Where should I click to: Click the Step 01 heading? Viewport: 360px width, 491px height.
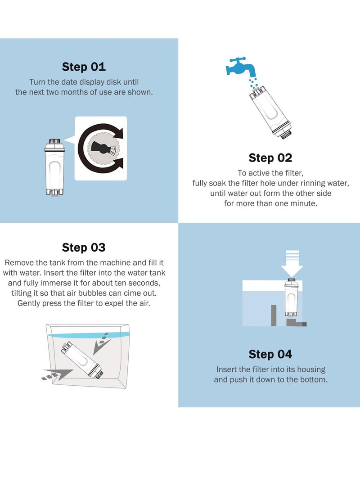[x=84, y=67]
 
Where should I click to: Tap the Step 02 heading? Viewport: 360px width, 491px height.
[x=270, y=158]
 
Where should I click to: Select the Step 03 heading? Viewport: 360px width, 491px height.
[x=84, y=248]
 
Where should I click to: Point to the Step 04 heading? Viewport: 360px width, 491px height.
[x=270, y=354]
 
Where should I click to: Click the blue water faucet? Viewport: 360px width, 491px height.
[x=240, y=67]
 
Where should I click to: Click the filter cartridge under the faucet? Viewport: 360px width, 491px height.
[x=271, y=113]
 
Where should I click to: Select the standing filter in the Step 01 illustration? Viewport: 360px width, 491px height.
[x=54, y=167]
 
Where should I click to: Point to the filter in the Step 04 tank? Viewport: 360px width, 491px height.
[x=291, y=297]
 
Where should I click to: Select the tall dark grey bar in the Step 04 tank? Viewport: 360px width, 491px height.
[x=274, y=315]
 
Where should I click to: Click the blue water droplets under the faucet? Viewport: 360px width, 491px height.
[x=253, y=83]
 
